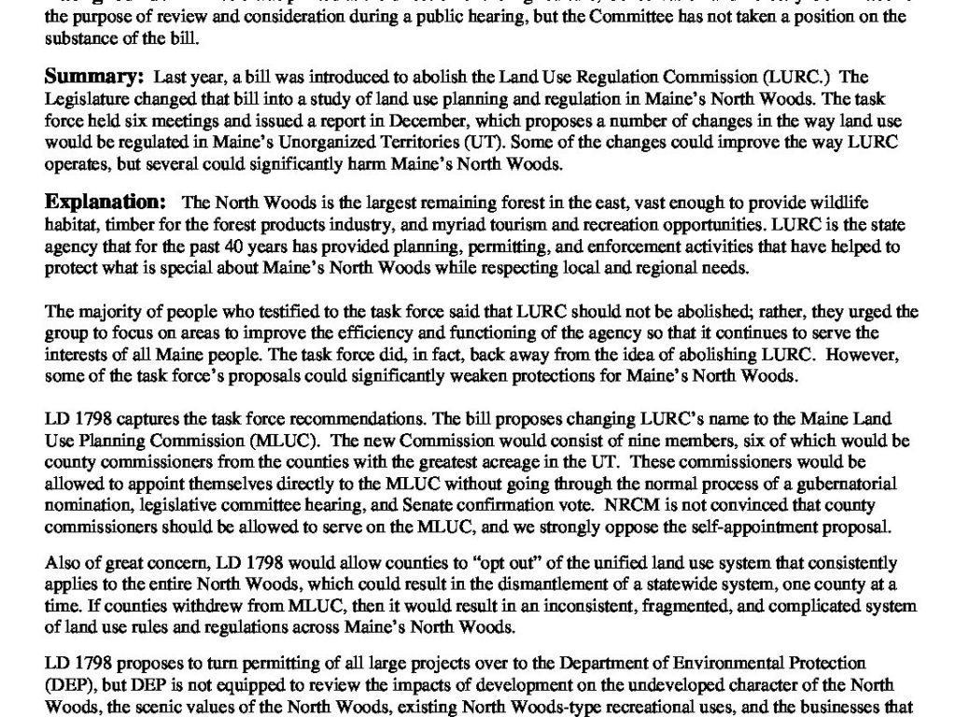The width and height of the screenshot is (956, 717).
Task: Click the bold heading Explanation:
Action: tap(106, 202)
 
